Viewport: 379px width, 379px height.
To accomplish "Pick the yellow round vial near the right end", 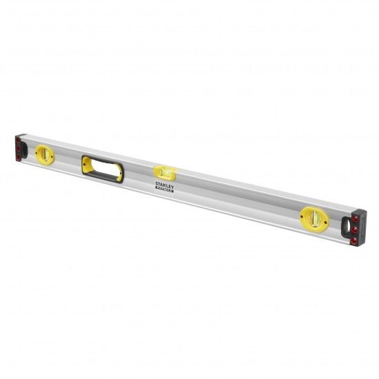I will pos(314,220).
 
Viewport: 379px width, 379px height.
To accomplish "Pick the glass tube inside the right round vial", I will pos(314,220).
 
